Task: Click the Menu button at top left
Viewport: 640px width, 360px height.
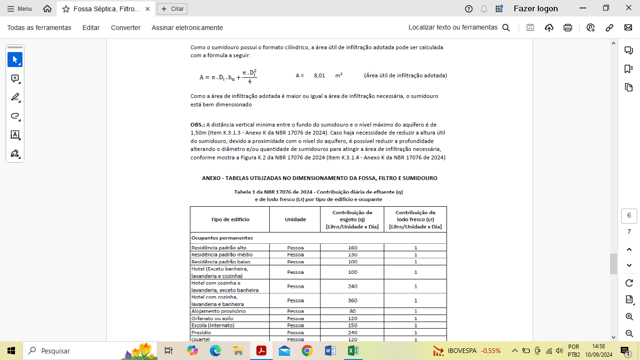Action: pos(20,9)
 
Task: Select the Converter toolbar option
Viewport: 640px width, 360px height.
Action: pos(126,28)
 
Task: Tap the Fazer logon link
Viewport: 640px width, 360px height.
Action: pos(536,8)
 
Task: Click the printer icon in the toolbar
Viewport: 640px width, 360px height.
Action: pos(568,28)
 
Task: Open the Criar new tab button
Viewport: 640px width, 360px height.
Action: pos(172,9)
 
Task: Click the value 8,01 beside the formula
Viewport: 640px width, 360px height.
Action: pos(320,75)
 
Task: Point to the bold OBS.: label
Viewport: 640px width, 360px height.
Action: pos(198,125)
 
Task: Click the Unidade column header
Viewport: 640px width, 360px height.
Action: pos(295,219)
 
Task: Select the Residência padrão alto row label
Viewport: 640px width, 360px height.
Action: pos(219,247)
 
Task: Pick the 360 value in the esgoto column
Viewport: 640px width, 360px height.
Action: pos(352,300)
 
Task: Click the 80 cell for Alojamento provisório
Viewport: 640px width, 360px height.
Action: pos(352,311)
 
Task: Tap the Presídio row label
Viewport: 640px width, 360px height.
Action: pos(201,332)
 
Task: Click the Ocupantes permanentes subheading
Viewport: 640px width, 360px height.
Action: pos(222,238)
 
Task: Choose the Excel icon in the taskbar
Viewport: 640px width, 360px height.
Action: pos(353,351)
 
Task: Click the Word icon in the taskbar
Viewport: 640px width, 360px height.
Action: pos(330,351)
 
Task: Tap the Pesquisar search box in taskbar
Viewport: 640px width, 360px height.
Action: pos(70,351)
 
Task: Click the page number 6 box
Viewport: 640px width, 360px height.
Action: pos(629,216)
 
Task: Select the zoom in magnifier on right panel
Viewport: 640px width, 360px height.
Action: pos(629,317)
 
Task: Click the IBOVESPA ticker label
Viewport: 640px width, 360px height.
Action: pos(462,351)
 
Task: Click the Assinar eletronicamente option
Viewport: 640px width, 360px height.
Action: pos(187,28)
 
